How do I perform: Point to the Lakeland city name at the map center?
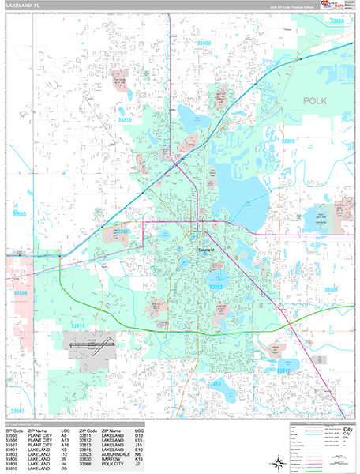[x=206, y=250]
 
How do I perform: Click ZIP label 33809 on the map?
[x=204, y=42]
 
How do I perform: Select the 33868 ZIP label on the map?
[x=339, y=21]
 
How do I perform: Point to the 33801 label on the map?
[x=330, y=290]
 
